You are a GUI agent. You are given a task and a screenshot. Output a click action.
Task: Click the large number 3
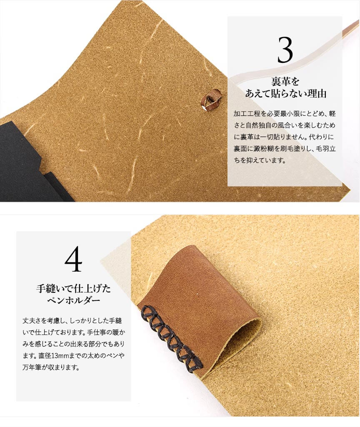[285, 50]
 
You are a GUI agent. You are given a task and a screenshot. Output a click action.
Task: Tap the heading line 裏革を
[285, 81]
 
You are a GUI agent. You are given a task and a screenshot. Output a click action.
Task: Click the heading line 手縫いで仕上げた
[73, 288]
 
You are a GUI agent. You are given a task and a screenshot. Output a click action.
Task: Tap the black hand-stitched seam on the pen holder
[172, 337]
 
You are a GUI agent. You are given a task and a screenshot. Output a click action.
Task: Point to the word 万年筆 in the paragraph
[31, 367]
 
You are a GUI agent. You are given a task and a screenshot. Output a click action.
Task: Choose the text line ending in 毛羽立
[285, 148]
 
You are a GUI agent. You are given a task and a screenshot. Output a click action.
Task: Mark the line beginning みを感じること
[73, 344]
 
